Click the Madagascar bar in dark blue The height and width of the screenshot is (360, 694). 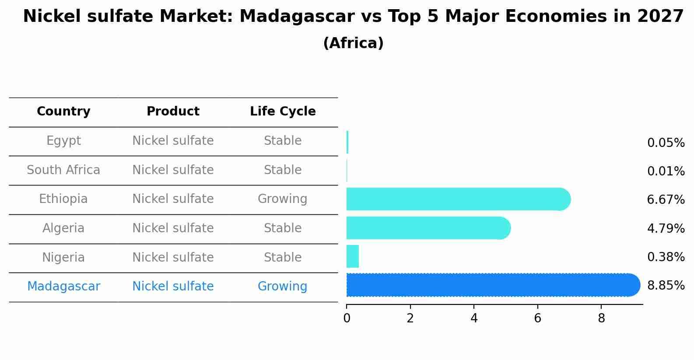493,285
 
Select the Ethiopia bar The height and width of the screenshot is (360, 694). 459,199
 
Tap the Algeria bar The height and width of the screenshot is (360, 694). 428,228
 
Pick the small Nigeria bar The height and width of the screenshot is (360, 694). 353,256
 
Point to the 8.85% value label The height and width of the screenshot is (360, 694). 666,285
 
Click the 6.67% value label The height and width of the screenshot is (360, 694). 666,199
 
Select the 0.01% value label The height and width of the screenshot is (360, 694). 666,171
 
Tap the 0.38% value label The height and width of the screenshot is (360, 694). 666,257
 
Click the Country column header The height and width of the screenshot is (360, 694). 63,111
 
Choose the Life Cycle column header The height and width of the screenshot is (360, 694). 283,111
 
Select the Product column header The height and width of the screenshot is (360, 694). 173,111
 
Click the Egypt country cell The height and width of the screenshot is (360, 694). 63,141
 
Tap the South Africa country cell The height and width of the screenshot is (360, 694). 63,170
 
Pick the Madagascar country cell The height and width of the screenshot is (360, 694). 63,286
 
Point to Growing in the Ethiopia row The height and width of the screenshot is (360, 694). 283,199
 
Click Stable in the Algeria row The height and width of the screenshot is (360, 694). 283,228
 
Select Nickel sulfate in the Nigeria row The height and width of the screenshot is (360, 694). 173,257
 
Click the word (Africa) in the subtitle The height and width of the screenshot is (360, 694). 353,43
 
